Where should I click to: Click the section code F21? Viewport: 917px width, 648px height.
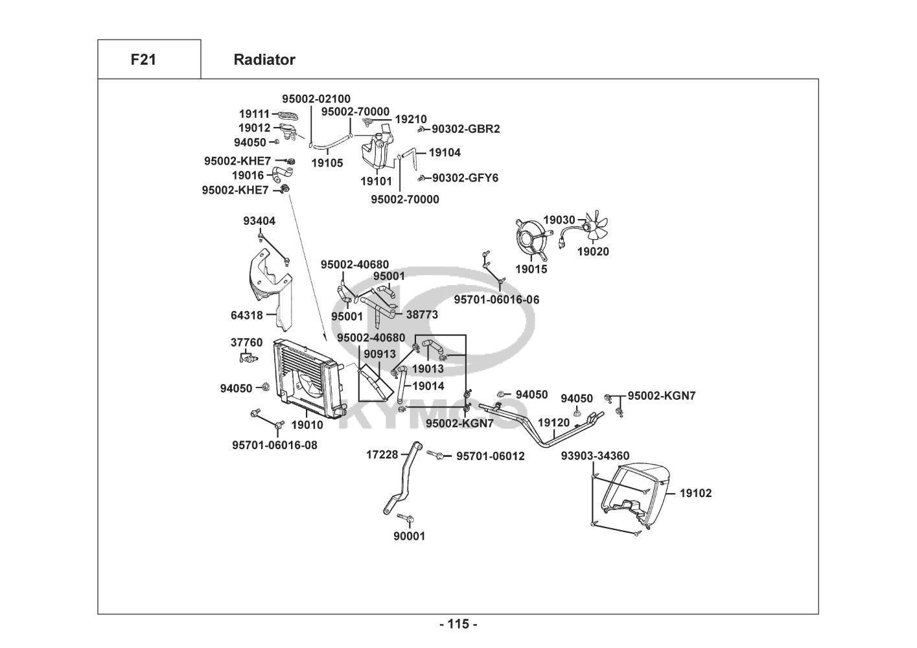click(x=143, y=60)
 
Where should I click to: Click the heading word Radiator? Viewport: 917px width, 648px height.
click(x=264, y=60)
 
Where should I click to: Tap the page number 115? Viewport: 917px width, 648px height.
click(x=458, y=624)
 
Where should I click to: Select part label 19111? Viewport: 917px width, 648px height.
click(x=254, y=114)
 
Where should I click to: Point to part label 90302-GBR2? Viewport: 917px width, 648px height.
click(x=466, y=129)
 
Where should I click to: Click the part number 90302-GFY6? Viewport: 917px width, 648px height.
click(x=465, y=178)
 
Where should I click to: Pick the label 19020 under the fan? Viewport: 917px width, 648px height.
click(x=593, y=251)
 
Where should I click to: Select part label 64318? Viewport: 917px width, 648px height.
click(x=247, y=316)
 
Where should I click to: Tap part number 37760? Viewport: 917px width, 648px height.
click(x=247, y=342)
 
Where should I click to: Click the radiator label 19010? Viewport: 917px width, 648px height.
click(x=307, y=425)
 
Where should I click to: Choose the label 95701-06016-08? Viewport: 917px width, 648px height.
click(x=275, y=445)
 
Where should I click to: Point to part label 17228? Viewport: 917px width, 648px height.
click(x=382, y=455)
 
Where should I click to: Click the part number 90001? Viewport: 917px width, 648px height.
click(x=410, y=536)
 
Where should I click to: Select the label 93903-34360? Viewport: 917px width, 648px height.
click(x=595, y=456)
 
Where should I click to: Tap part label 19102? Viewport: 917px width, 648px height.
click(x=695, y=493)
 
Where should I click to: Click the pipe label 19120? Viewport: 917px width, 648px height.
click(x=554, y=422)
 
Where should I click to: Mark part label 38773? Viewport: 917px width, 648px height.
click(x=422, y=315)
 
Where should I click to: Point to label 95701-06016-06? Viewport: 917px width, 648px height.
click(x=496, y=299)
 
